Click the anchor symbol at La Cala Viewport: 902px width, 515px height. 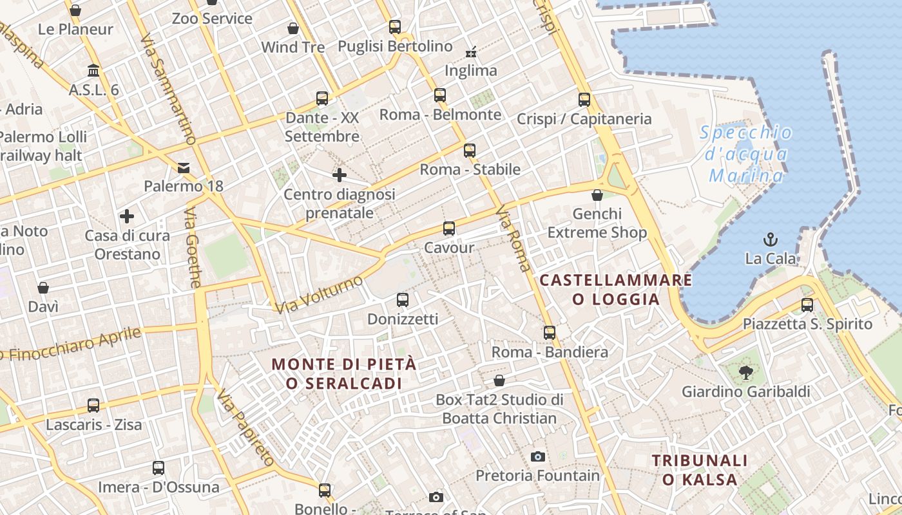[x=770, y=240]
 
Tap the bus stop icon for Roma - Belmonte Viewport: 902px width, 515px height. [x=440, y=95]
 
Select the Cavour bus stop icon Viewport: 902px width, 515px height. [x=449, y=229]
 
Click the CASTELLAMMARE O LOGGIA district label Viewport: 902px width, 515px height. [x=616, y=290]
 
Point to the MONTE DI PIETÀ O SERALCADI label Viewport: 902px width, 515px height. [x=344, y=373]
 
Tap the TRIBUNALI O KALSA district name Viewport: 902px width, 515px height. [x=700, y=470]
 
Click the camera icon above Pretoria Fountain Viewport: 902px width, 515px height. [x=538, y=457]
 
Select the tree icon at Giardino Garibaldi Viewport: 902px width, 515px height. [x=746, y=372]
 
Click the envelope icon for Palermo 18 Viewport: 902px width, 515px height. [x=184, y=169]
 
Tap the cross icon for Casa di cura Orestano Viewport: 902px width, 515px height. [x=127, y=216]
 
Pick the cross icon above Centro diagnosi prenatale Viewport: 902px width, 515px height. [x=339, y=175]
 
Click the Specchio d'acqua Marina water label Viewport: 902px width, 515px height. [x=746, y=154]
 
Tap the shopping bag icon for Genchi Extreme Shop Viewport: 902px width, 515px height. [x=597, y=195]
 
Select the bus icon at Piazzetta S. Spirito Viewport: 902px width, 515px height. [x=807, y=305]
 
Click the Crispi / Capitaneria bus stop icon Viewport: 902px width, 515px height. [x=584, y=100]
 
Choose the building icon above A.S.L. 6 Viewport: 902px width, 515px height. [x=93, y=70]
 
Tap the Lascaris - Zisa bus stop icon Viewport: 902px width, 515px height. [x=93, y=406]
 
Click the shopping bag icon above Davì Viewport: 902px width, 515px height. [x=43, y=288]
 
